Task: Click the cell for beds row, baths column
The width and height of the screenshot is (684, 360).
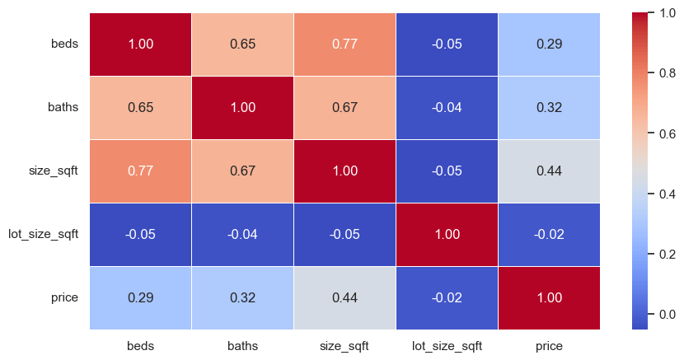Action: pyautogui.click(x=242, y=44)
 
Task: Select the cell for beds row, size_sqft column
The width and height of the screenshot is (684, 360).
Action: pyautogui.click(x=344, y=44)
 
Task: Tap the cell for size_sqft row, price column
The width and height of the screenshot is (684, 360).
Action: pyautogui.click(x=549, y=171)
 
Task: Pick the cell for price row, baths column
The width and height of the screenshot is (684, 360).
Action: pyautogui.click(x=242, y=297)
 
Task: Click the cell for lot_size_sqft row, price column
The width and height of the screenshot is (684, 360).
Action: pyautogui.click(x=549, y=235)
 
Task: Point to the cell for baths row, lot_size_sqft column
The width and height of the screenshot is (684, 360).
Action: pyautogui.click(x=447, y=108)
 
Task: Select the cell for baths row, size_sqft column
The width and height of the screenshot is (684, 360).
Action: pyautogui.click(x=344, y=108)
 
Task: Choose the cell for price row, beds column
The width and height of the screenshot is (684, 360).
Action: pyautogui.click(x=140, y=297)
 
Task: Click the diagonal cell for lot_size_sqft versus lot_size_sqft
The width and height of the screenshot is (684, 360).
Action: pyautogui.click(x=447, y=235)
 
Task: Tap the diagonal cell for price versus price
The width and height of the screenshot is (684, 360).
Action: pyautogui.click(x=549, y=297)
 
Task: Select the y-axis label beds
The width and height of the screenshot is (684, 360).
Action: pyautogui.click(x=64, y=44)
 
